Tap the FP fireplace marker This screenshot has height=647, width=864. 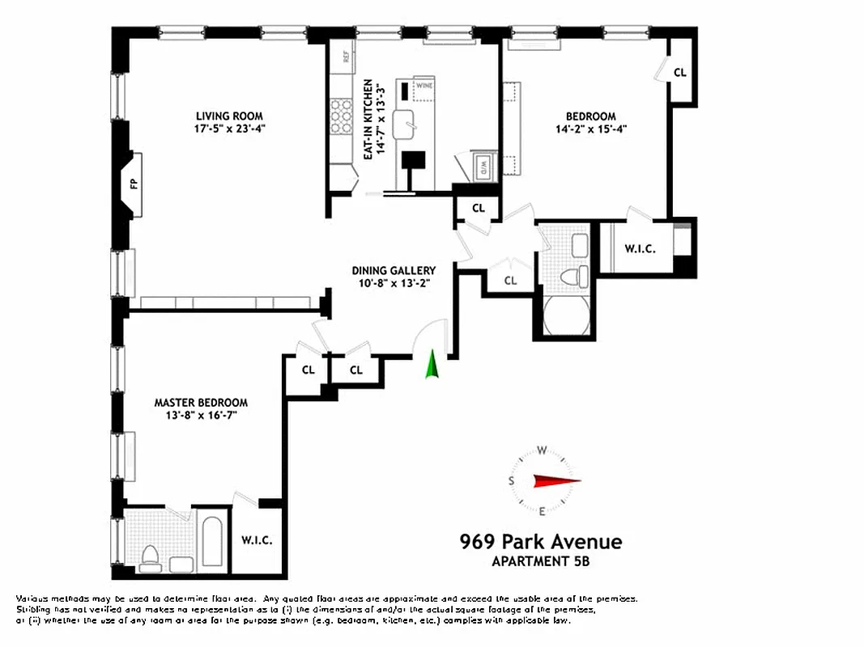click(134, 184)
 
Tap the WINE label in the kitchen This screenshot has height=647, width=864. click(424, 83)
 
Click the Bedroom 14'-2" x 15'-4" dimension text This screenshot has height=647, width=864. click(591, 129)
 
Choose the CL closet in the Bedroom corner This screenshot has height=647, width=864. click(679, 73)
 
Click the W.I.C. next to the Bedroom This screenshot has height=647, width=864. click(639, 249)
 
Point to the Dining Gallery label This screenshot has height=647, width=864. click(394, 271)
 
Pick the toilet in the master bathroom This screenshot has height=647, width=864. click(151, 556)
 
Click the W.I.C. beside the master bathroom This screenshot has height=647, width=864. click(257, 540)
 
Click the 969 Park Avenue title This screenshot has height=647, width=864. click(540, 541)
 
